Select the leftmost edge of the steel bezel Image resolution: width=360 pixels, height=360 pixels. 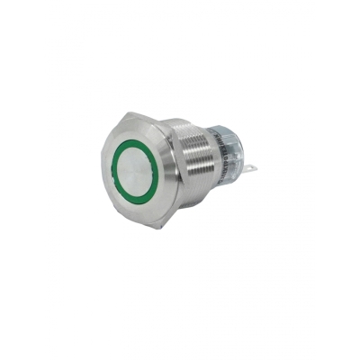pos(95,171)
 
